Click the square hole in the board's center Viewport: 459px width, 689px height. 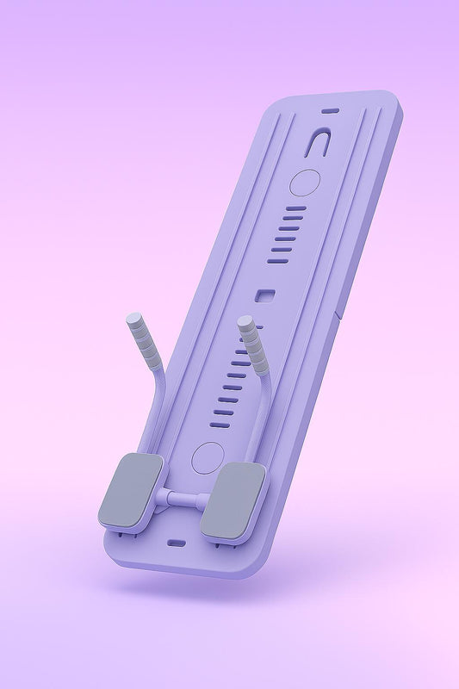265,296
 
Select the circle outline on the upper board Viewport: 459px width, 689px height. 304,182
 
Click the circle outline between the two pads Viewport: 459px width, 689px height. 207,457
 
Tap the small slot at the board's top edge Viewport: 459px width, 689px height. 329,110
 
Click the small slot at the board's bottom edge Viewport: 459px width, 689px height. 175,543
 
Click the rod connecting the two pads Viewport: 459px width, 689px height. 183,498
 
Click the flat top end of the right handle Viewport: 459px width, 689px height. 246,321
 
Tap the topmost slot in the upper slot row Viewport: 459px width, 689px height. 295,208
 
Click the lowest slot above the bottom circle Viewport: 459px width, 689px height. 221,425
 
